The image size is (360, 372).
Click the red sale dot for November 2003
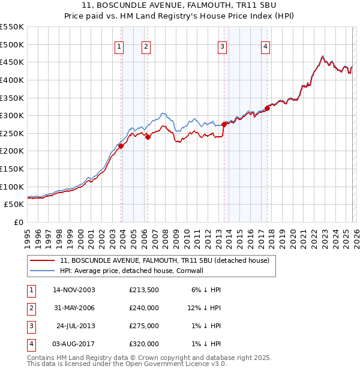coord(121,146)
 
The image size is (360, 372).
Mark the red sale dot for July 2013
coord(224,124)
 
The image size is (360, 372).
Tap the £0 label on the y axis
coord(17,222)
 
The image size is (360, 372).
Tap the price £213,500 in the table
coord(144,290)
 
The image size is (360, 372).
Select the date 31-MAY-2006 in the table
coord(74,308)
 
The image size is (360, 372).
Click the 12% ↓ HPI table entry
coord(204,308)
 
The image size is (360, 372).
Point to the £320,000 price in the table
coord(144,344)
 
